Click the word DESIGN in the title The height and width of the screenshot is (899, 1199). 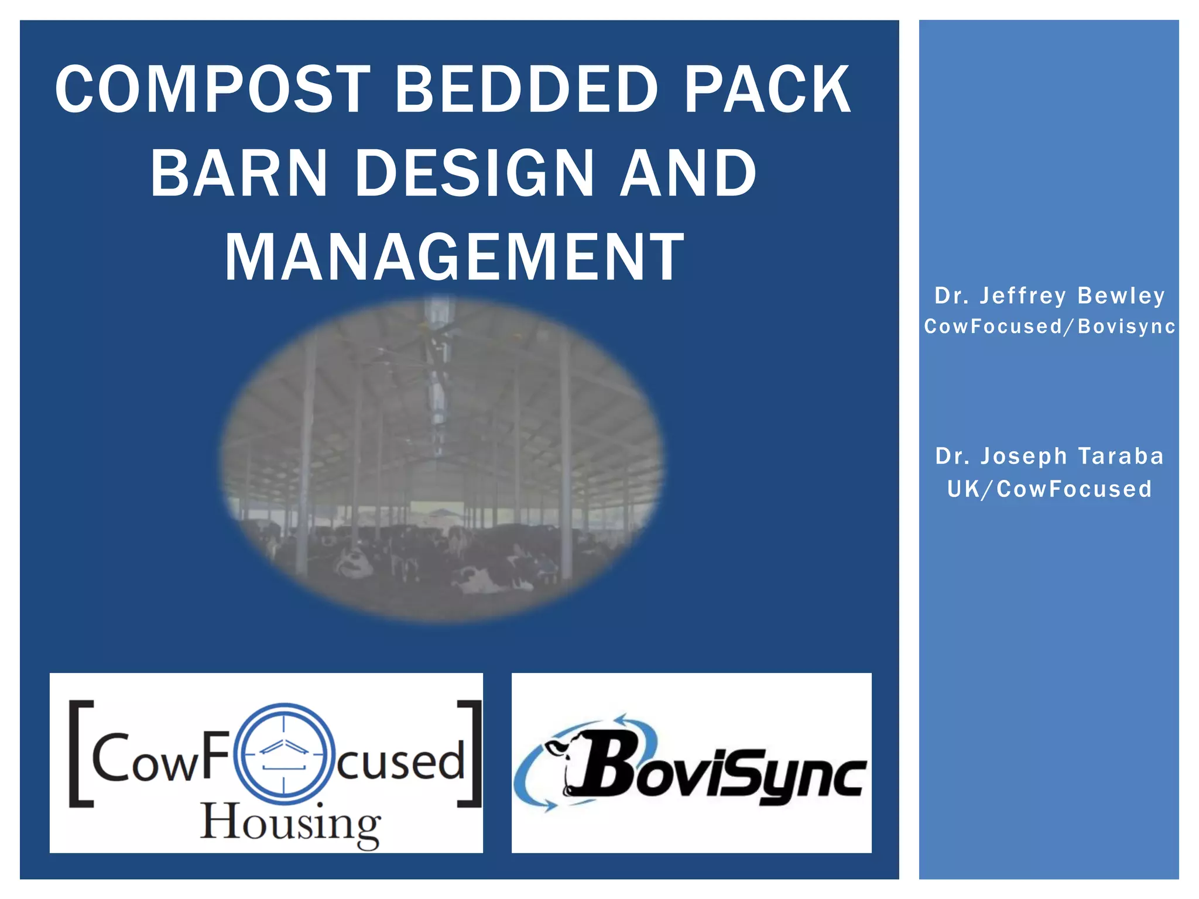[x=474, y=173]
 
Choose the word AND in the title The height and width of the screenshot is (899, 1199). [x=688, y=173]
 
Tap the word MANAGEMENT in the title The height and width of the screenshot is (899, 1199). [x=454, y=258]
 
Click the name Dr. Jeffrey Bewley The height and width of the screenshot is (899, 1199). [x=1049, y=296]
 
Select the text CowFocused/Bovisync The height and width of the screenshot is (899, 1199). [x=1049, y=327]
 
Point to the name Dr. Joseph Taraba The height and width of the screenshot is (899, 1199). [x=1049, y=456]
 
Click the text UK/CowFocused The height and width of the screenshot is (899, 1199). [x=1049, y=489]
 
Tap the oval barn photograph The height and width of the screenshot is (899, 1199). [x=443, y=459]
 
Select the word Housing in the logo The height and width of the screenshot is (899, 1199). [x=290, y=824]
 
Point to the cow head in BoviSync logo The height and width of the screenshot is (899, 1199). [x=562, y=761]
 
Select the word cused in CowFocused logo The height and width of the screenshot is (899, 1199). [x=401, y=761]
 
